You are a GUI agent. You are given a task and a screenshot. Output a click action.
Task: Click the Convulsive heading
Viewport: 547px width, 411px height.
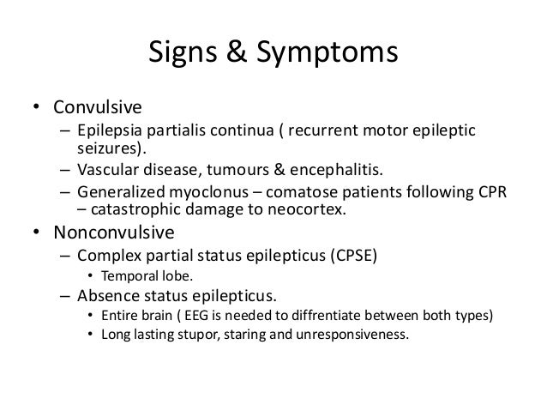(x=98, y=109)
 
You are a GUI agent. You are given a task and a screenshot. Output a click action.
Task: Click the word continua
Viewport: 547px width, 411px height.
(x=241, y=131)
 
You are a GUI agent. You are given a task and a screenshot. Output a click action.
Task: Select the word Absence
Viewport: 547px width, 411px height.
(x=106, y=297)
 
